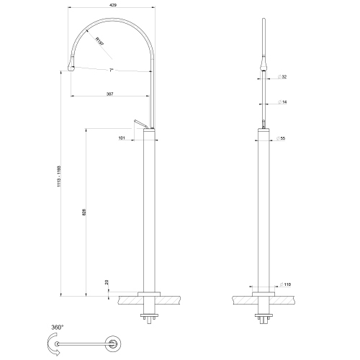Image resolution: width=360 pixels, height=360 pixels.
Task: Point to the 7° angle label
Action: (x=111, y=71)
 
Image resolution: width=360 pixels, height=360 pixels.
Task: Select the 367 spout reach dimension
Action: (x=109, y=93)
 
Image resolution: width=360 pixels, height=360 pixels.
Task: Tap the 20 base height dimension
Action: (x=107, y=282)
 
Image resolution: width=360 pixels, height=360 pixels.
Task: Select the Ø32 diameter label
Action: (x=284, y=76)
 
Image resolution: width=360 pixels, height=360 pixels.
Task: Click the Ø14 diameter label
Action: (x=284, y=103)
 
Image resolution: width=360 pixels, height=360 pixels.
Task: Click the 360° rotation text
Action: (x=58, y=326)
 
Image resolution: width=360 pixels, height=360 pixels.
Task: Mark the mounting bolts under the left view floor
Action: (x=150, y=317)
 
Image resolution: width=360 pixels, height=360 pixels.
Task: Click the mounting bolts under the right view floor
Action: (x=264, y=317)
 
